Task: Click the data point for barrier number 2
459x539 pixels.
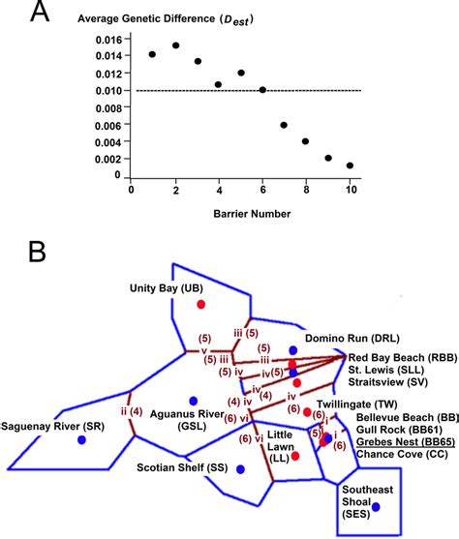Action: coord(175,45)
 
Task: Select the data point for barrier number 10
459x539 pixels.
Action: coord(350,165)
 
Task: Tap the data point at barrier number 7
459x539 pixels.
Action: coord(284,125)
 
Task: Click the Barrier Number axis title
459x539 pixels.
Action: coord(240,212)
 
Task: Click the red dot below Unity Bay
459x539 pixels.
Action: coord(200,304)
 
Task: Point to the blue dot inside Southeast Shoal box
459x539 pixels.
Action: coord(377,507)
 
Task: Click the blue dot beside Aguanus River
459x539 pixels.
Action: coord(194,401)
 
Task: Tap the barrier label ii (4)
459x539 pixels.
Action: coord(129,410)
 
